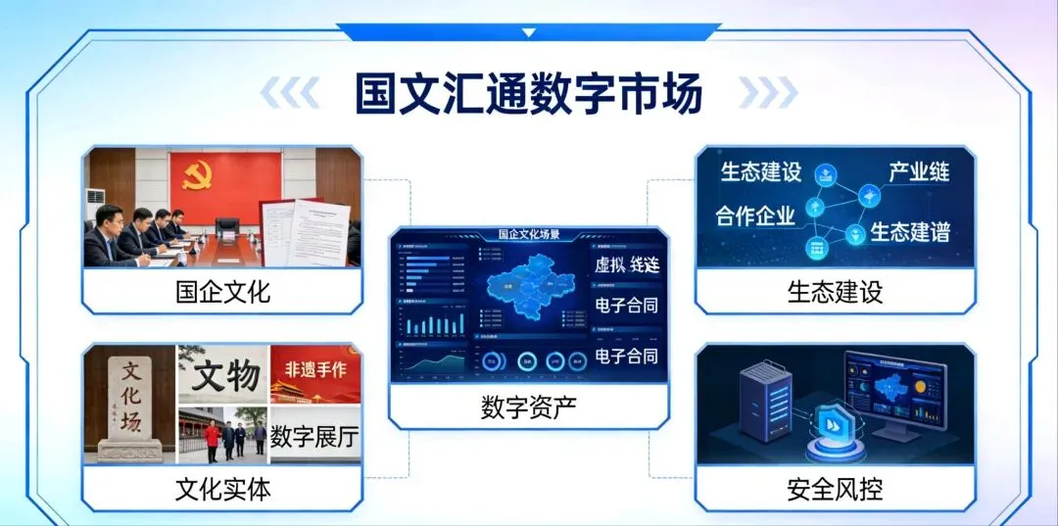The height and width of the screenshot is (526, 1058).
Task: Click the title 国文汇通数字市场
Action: click(x=529, y=95)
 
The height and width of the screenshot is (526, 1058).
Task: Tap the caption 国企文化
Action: click(x=222, y=291)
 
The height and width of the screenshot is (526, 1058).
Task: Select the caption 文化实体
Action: click(x=222, y=489)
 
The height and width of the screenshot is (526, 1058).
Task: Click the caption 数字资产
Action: click(x=528, y=406)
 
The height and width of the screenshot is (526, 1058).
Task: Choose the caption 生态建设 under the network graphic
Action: click(x=835, y=291)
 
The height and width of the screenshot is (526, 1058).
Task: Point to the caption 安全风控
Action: click(x=835, y=489)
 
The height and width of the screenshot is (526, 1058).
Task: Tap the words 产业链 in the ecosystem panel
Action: click(x=918, y=172)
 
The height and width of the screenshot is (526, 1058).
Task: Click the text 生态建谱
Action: click(x=910, y=232)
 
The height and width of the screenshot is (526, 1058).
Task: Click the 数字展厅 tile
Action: click(x=314, y=437)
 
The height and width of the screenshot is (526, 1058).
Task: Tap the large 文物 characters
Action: click(x=225, y=375)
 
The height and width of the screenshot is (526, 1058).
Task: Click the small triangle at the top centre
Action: click(x=529, y=32)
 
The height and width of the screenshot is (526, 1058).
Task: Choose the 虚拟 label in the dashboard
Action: click(x=608, y=265)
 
